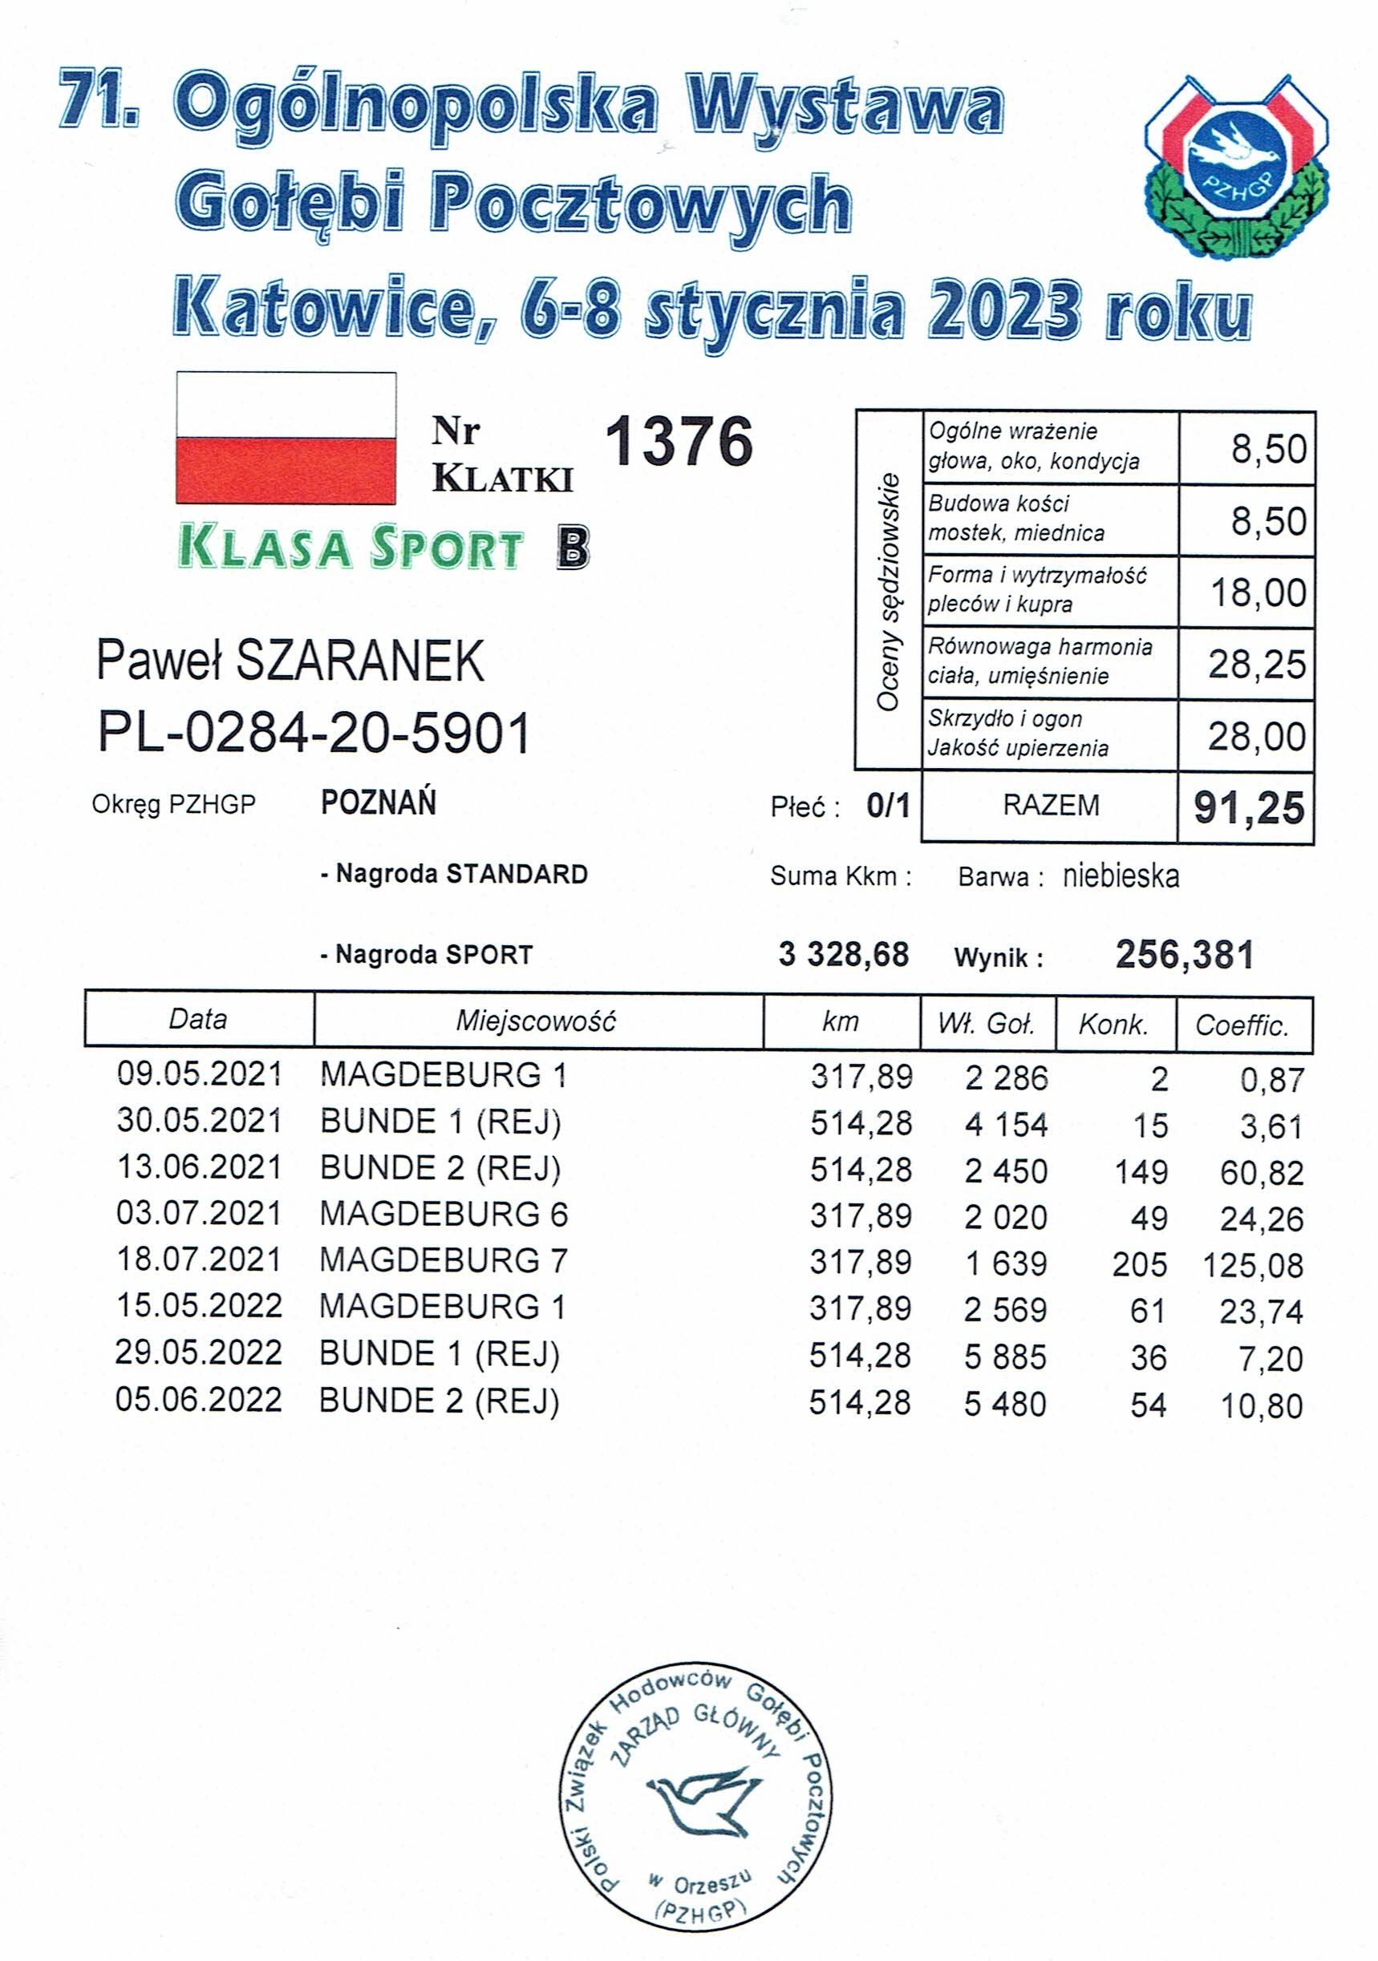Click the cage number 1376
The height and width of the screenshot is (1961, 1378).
(679, 442)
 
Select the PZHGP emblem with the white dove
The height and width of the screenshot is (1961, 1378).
(1235, 167)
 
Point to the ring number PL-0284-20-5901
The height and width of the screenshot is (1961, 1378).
(314, 732)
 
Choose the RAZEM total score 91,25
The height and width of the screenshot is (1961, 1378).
(1248, 808)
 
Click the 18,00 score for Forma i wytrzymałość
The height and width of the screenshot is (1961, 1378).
(1258, 592)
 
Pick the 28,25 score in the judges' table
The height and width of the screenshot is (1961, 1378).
(1256, 665)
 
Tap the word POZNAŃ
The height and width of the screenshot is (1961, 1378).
(379, 803)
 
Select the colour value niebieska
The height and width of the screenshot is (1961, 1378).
(1121, 876)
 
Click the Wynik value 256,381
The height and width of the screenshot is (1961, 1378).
(1184, 955)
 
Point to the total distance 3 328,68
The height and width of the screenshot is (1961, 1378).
(843, 955)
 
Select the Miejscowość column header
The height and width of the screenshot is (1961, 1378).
(536, 1021)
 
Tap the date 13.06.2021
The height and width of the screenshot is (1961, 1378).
(199, 1167)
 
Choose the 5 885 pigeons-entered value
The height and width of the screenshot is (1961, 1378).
(1005, 1357)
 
